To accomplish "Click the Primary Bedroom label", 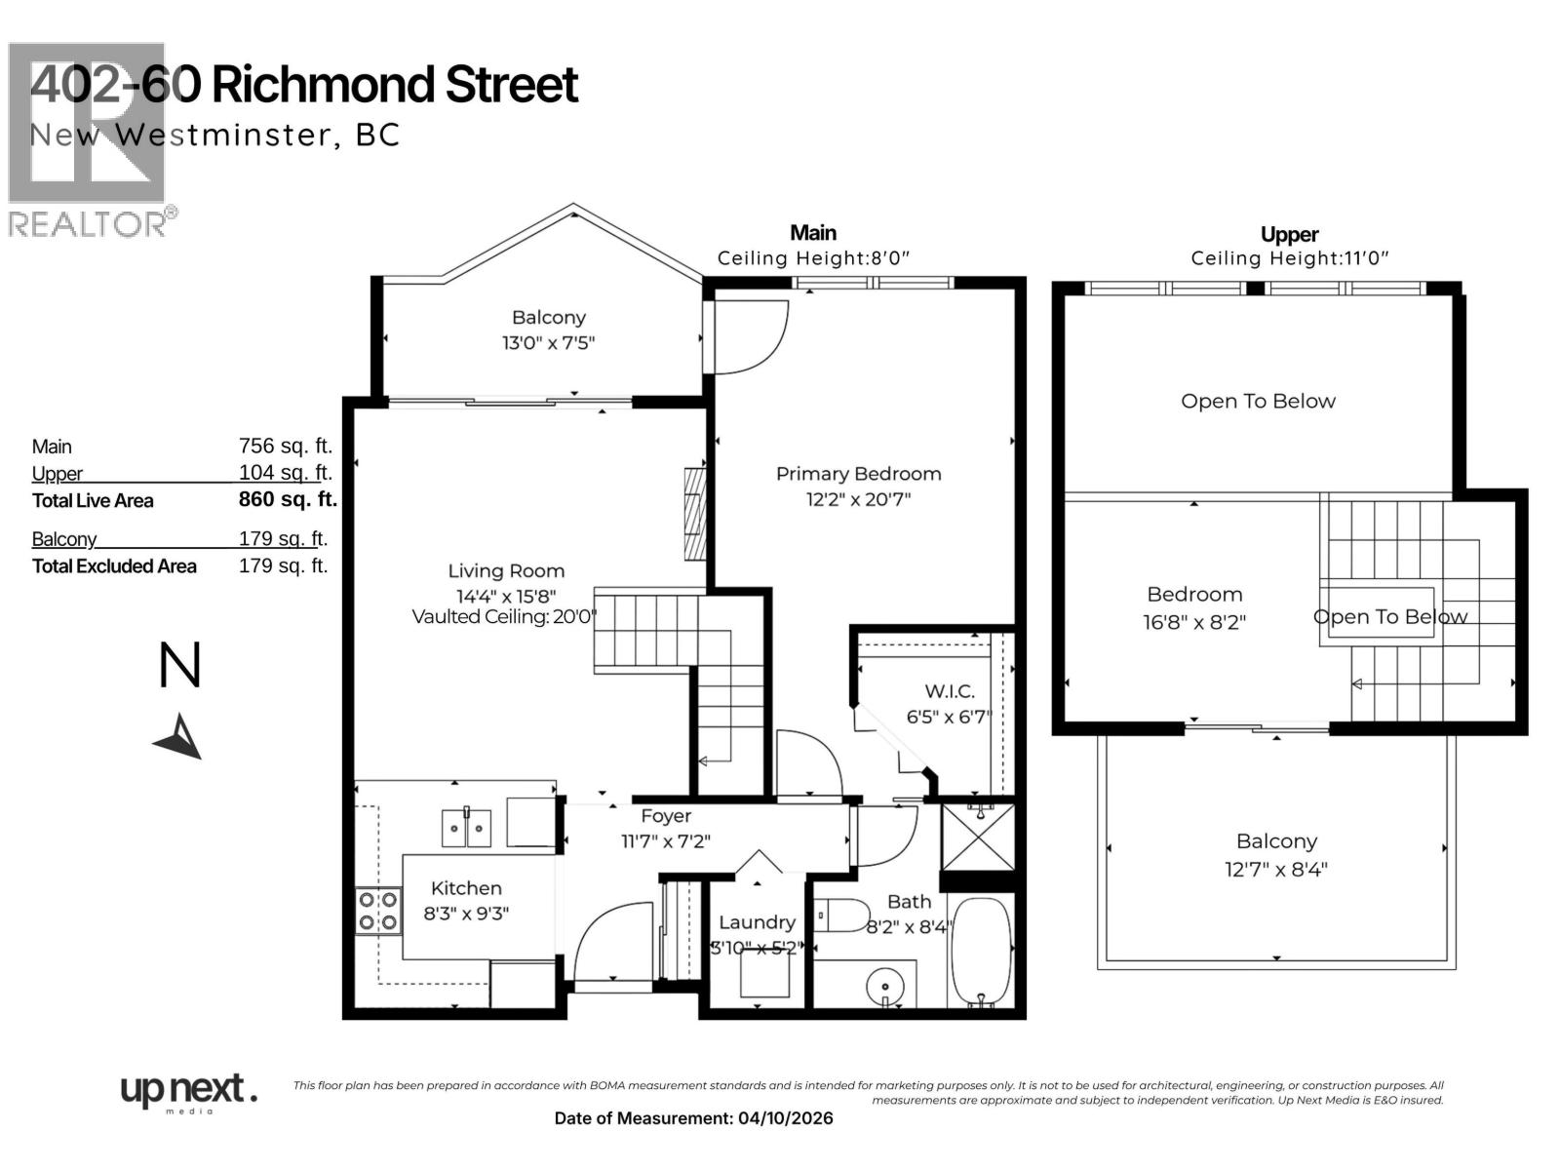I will pos(858,474).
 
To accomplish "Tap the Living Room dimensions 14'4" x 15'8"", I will pos(506,596).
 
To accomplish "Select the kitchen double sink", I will pos(466,828).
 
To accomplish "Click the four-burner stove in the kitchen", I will pos(377,911).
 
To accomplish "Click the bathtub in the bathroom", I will pos(980,951).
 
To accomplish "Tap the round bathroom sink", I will pos(884,986).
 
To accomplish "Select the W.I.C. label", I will pos(949,691).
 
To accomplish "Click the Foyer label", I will pos(666,816).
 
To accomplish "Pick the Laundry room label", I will pos(757,922).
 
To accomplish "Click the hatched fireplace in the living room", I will pos(694,514).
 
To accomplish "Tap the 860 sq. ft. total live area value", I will pos(288,500).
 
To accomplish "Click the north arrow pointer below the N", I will pos(180,738).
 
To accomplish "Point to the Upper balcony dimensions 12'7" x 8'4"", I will pos(1276,869).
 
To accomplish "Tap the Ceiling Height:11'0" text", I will pos(1289,258).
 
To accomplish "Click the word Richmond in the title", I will pos(324,85).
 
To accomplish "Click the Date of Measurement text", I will pos(693,1118).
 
